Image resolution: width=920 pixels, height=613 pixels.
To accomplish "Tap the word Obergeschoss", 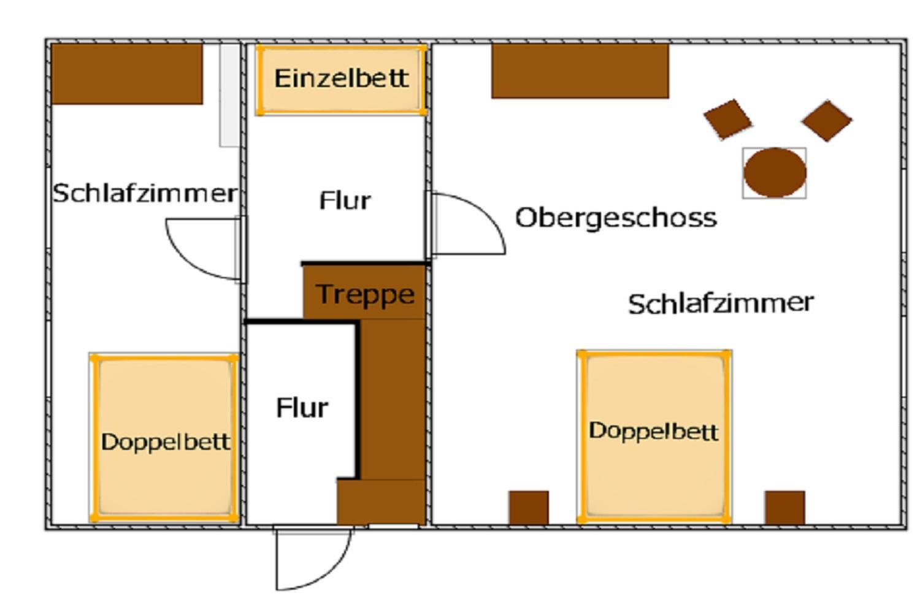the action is (616, 218).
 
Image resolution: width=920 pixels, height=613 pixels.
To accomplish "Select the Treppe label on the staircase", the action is (365, 295).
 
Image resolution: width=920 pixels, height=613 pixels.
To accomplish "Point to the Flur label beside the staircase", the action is (302, 408).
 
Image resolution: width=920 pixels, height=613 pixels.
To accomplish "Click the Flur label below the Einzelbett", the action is (345, 201).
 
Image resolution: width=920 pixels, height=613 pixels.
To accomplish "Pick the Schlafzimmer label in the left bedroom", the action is (145, 193).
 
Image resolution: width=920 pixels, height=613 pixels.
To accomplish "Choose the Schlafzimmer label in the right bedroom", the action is (721, 303).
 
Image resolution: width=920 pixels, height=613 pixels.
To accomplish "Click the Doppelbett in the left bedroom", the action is (164, 438).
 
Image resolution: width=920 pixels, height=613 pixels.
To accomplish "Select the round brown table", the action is (775, 173).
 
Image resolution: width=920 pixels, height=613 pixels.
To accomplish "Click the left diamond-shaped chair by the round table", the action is (728, 120).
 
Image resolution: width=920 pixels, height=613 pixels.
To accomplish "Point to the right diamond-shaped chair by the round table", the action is (827, 121).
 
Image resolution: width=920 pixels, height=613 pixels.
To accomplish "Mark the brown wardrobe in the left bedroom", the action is (127, 74).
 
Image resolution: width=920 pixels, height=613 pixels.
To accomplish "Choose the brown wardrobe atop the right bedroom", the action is (580, 71).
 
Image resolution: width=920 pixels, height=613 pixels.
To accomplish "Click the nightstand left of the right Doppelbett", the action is (529, 508).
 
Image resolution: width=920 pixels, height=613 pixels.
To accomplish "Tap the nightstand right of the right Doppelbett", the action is (785, 508).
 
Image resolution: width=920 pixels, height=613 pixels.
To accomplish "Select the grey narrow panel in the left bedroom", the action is (229, 95).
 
